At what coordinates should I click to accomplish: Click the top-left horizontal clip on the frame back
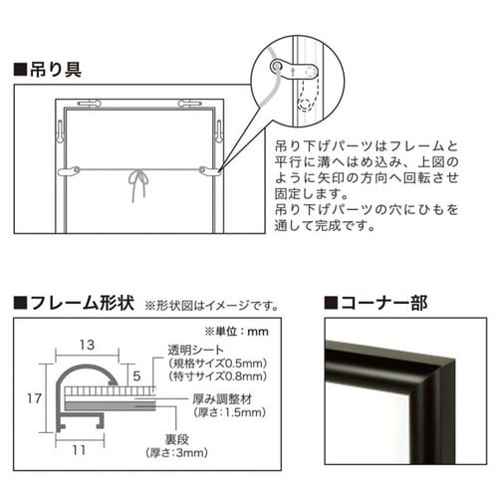pyautogui.click(x=87, y=104)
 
